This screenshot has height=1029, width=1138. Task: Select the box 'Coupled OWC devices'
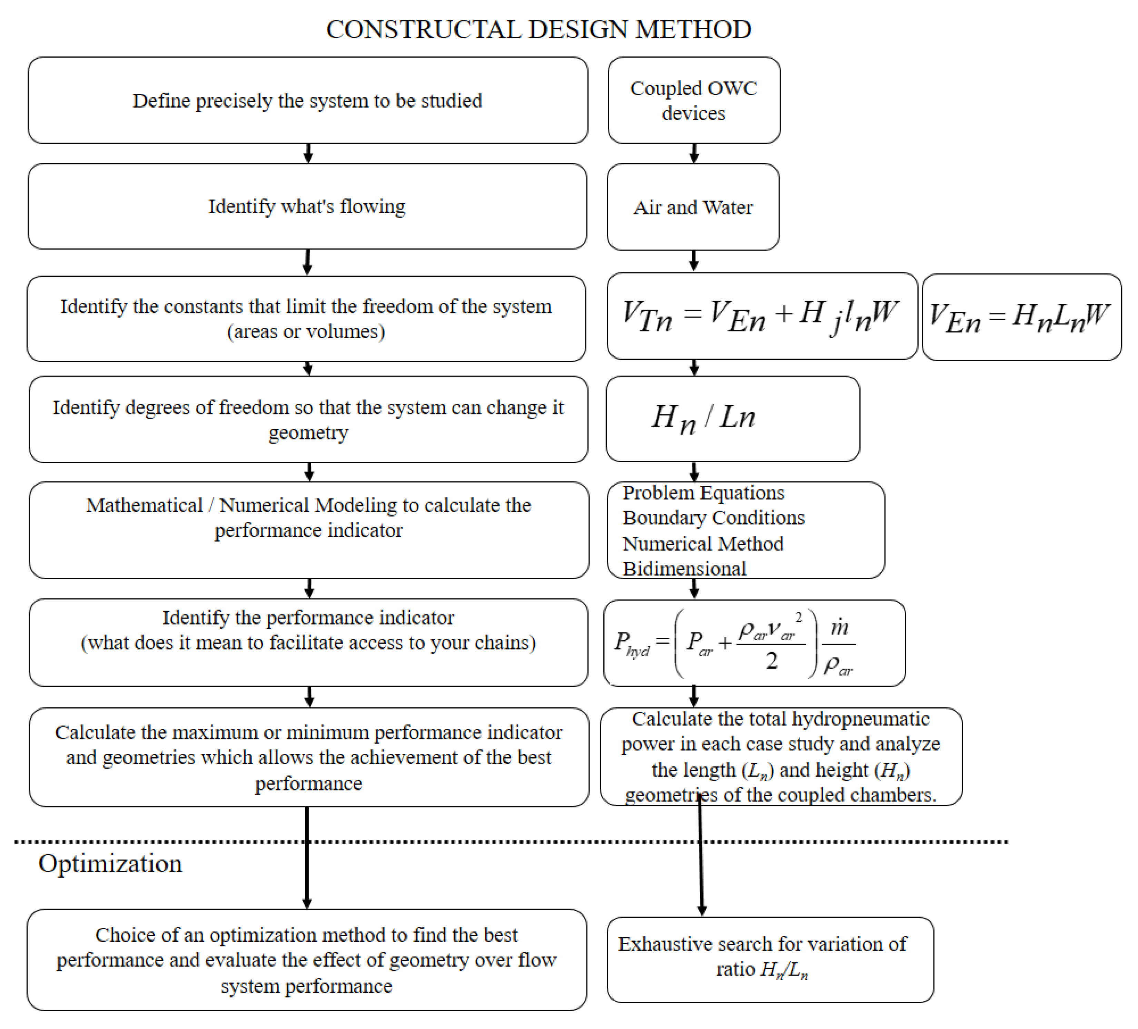694,100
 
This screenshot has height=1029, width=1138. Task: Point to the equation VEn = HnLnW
1021,317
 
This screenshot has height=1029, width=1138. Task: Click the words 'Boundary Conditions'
713,517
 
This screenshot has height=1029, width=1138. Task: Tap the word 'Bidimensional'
684,568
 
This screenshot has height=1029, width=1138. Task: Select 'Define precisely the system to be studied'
307,100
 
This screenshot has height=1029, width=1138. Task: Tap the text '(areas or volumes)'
306,331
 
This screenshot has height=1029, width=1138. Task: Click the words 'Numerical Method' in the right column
703,543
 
